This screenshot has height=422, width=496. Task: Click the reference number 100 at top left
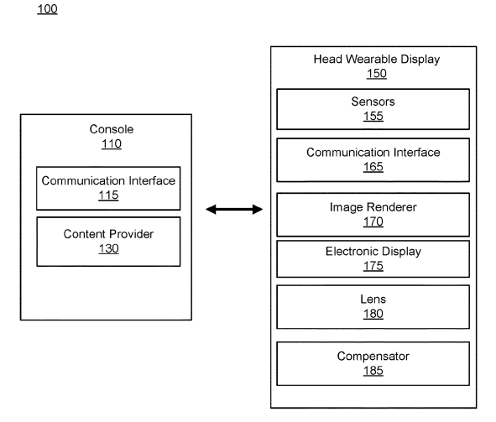click(48, 9)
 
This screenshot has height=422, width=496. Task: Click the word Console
click(112, 129)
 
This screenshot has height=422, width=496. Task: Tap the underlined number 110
click(112, 143)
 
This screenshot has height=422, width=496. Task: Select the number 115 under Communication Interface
click(108, 195)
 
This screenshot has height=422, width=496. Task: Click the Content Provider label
click(108, 234)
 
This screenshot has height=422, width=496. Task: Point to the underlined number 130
click(108, 248)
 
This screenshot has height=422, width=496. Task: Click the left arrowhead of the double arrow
click(211, 209)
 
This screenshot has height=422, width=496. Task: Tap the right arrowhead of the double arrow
click(258, 209)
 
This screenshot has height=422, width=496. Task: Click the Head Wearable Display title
click(377, 59)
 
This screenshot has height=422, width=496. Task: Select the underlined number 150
click(377, 73)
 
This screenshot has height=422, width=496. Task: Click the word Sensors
click(373, 102)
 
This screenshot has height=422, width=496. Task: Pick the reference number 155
click(373, 116)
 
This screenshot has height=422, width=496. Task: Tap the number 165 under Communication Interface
click(373, 167)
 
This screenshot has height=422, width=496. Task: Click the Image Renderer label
click(373, 207)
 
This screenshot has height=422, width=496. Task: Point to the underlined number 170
click(373, 221)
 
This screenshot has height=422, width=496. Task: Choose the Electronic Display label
click(373, 252)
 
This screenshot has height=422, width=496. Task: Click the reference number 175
click(373, 266)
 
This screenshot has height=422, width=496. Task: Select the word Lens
click(373, 299)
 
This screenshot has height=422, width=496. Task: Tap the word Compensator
click(373, 357)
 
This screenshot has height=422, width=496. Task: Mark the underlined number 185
click(373, 371)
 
